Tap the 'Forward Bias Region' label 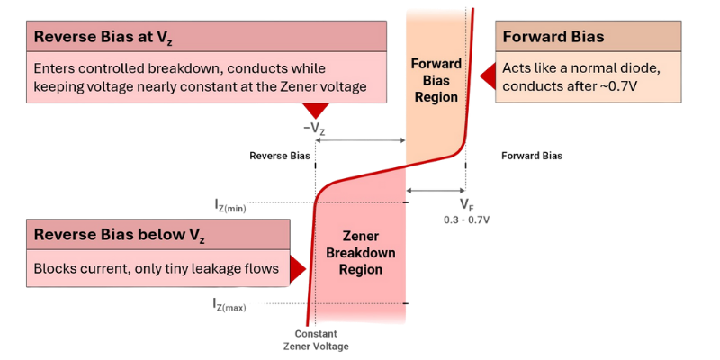436,80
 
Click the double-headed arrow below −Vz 360,140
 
